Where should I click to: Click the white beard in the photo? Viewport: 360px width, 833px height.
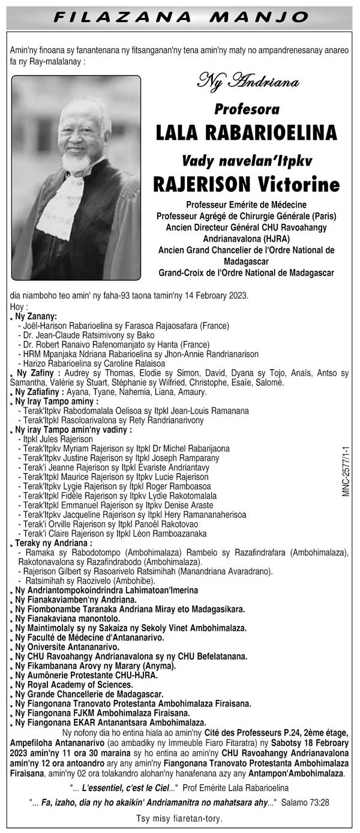click(x=76, y=162)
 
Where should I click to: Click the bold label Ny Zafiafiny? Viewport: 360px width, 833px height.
click(x=37, y=392)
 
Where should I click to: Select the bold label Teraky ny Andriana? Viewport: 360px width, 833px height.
click(x=46, y=543)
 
